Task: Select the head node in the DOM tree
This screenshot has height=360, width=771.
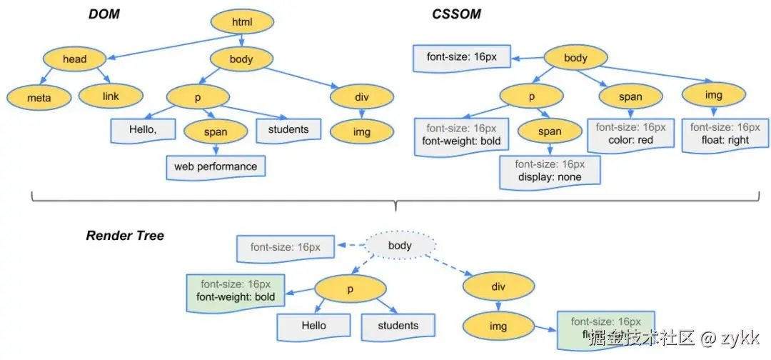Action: tap(74, 60)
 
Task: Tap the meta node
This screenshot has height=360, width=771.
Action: tap(39, 96)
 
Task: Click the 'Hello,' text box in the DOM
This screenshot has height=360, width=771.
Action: tap(143, 130)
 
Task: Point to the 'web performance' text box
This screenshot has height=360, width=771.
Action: tap(215, 167)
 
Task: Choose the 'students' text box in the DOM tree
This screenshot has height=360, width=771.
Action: tap(288, 130)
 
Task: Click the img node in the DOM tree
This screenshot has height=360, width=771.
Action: tap(361, 131)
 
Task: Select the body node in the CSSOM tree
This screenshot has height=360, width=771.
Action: tap(575, 58)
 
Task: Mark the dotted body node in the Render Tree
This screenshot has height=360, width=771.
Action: tap(400, 246)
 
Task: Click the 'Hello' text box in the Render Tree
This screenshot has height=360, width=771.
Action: tap(313, 326)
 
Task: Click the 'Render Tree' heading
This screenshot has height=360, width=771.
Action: tap(126, 236)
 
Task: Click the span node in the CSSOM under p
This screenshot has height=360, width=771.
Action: tap(549, 132)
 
